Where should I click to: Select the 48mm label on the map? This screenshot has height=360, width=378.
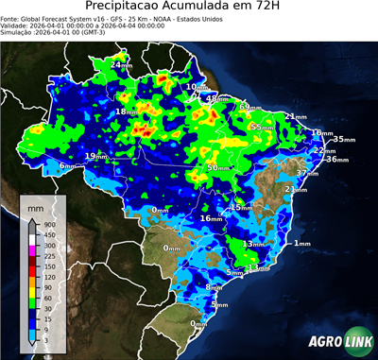[216, 98]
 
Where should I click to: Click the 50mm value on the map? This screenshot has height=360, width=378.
[217, 167]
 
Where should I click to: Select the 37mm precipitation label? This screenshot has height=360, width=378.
[307, 174]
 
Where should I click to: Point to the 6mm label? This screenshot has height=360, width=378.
[67, 165]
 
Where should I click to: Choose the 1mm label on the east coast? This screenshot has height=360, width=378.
[302, 244]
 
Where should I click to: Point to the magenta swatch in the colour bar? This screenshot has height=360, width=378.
[32, 249]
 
